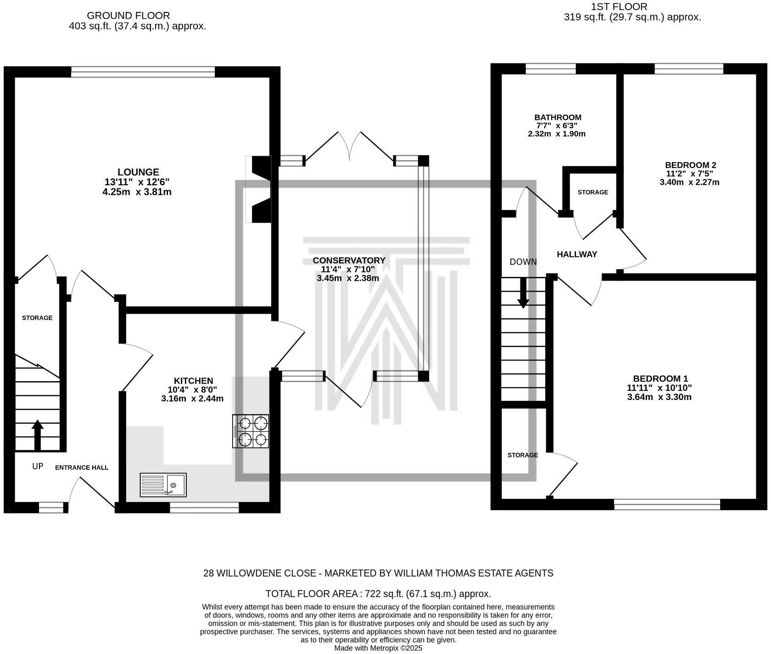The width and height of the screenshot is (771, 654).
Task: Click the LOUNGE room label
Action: [138, 172]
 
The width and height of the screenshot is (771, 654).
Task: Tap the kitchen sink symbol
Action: [163, 485]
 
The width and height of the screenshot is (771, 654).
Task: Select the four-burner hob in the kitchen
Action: [251, 431]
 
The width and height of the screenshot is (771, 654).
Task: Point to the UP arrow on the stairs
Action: [38, 434]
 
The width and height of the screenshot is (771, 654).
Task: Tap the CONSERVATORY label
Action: [349, 260]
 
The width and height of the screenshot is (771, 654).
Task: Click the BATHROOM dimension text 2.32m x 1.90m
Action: [557, 134]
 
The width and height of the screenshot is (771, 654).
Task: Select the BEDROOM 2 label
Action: [690, 165]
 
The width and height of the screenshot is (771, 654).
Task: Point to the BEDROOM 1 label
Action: [660, 378]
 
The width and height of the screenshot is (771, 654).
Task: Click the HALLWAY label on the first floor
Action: [577, 254]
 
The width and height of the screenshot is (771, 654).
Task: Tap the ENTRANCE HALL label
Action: [82, 468]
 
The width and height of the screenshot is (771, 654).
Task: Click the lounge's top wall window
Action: [143, 72]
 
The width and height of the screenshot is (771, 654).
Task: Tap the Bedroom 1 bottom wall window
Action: [667, 504]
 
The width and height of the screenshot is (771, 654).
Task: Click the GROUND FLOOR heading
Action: [128, 16]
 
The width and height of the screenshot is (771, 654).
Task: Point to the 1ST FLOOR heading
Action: [619, 7]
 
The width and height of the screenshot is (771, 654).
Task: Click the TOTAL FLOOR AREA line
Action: [378, 593]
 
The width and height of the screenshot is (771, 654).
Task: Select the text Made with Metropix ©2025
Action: [378, 648]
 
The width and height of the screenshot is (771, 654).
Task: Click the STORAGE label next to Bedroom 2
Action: [592, 192]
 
